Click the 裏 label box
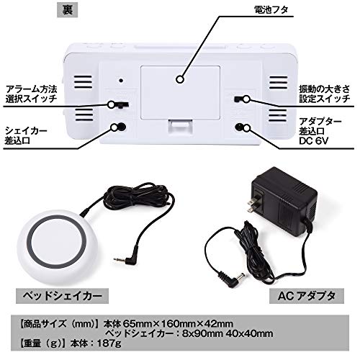68,10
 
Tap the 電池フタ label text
271,10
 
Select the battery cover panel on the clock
180,93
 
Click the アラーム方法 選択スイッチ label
31,94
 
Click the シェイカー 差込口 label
26,135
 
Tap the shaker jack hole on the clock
122,127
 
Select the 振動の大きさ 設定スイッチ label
325,94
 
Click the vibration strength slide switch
239,99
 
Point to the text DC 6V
313,141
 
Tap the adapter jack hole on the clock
239,127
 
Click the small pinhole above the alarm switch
121,81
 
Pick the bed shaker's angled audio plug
127,257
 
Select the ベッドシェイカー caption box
62,296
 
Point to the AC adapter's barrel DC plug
233,279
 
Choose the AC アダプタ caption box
307,296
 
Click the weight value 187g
109,343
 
